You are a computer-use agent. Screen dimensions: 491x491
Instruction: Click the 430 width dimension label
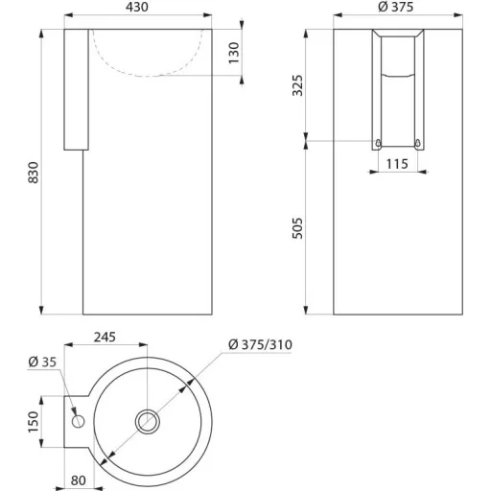136,7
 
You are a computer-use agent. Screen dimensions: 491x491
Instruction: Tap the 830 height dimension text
34,173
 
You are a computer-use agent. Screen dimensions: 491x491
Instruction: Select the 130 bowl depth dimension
234,53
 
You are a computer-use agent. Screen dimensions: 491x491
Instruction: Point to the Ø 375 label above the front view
396,7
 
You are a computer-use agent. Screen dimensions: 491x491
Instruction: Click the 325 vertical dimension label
297,85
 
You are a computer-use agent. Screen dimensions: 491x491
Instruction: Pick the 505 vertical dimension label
297,228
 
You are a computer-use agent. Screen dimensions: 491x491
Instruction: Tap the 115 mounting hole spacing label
397,164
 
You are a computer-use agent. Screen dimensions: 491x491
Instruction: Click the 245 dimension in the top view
105,337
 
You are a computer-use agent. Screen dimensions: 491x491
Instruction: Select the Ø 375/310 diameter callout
260,344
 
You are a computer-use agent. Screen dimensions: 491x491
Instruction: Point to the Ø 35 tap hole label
42,362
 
